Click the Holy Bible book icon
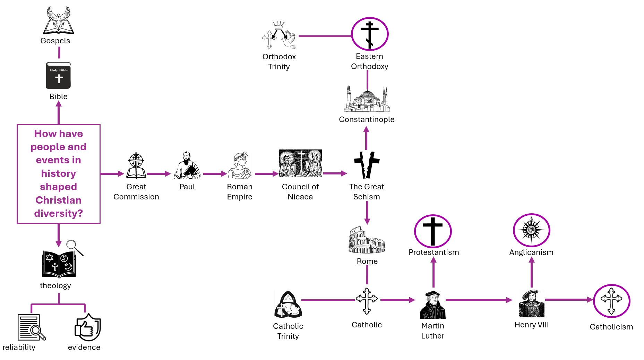click(58, 76)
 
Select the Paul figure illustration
click(187, 165)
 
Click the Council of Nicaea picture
click(300, 163)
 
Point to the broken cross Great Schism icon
click(367, 165)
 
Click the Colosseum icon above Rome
click(367, 240)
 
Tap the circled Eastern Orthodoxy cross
click(370, 34)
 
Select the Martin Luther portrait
click(432, 305)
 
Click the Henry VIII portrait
click(531, 303)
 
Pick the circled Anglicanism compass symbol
click(531, 230)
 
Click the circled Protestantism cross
click(433, 231)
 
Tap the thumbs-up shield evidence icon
click(88, 327)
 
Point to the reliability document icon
click(32, 327)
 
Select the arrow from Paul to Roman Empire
click(215, 173)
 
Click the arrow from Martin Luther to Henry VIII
click(479, 300)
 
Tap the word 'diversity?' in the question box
click(59, 213)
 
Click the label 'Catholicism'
click(611, 327)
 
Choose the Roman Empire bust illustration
click(240, 165)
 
